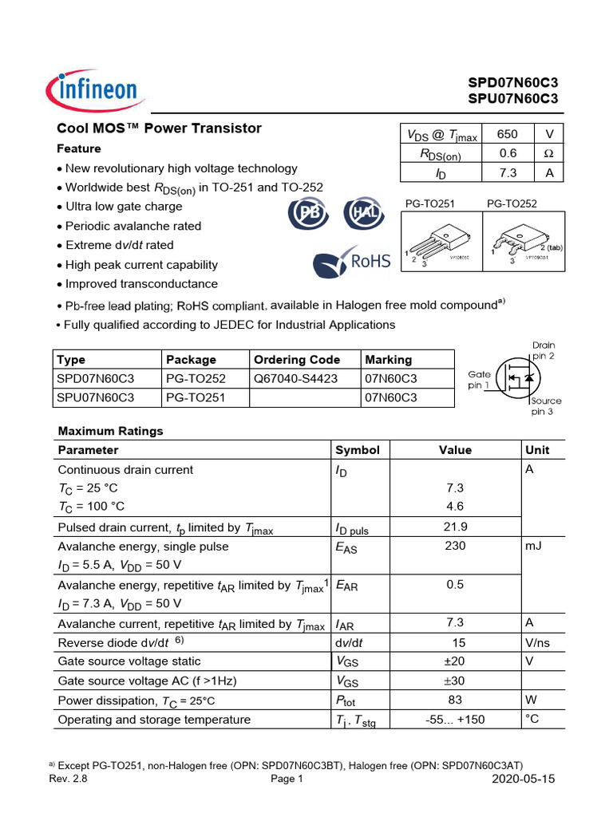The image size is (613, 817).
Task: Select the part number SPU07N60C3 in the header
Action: click(512, 99)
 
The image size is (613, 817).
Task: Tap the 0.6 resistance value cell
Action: click(508, 154)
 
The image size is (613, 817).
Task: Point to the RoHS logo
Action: click(352, 262)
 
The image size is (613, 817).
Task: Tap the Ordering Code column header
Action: click(296, 360)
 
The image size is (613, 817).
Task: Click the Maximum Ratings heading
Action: click(110, 431)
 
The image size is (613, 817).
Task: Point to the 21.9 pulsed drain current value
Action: click(455, 527)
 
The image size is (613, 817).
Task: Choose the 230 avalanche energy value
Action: click(455, 547)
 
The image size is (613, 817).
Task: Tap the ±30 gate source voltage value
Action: click(455, 681)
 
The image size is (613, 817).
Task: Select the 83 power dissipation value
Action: click(455, 700)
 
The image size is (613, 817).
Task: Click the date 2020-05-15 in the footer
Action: click(524, 780)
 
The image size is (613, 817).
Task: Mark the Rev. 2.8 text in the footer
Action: click(68, 780)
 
